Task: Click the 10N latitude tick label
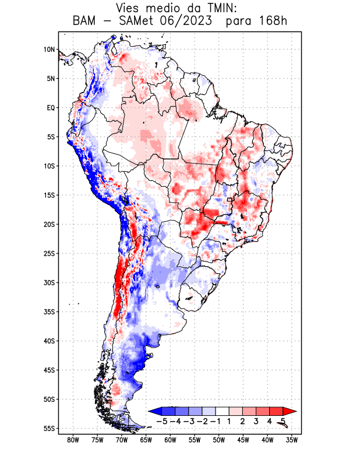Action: click(49, 50)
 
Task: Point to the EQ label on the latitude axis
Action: click(50, 108)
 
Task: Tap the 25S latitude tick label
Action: click(49, 253)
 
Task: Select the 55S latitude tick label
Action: click(49, 428)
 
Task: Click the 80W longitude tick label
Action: click(73, 440)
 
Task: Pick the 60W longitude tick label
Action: click(170, 440)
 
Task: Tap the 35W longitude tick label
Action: click(292, 440)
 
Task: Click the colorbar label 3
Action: click(256, 421)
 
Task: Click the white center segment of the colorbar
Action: click(223, 411)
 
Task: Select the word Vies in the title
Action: click(130, 8)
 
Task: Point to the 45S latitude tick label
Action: click(49, 370)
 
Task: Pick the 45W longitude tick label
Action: click(243, 440)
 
